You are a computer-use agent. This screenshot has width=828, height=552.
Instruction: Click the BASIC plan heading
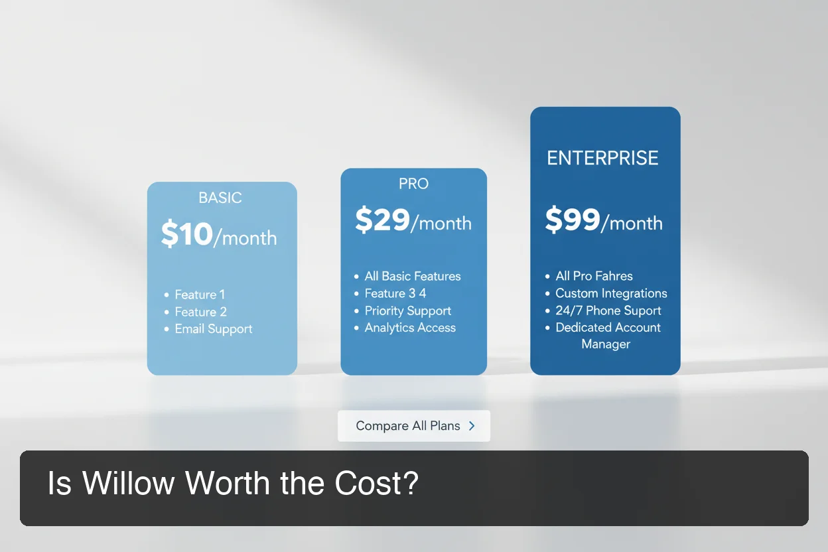(x=220, y=198)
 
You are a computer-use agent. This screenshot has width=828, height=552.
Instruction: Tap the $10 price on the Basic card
(x=187, y=235)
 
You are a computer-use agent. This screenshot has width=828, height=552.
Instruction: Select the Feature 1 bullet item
(x=200, y=295)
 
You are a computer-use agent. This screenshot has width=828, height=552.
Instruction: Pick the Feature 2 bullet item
(x=200, y=312)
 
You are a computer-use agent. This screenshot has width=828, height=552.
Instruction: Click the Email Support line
(x=214, y=329)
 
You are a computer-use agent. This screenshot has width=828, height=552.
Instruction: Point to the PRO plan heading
(x=413, y=184)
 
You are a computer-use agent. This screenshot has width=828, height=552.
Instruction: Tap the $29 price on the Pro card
(x=382, y=220)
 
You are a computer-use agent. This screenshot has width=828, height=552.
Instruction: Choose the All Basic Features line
(x=412, y=276)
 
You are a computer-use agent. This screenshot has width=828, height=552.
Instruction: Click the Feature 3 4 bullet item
(x=395, y=293)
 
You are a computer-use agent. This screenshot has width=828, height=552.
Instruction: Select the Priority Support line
(x=407, y=310)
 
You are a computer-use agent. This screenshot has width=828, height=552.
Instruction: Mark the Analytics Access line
(x=410, y=328)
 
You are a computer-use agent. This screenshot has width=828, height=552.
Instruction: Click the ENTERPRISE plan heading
(x=602, y=158)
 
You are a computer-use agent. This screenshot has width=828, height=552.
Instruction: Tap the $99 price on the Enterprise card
(x=572, y=220)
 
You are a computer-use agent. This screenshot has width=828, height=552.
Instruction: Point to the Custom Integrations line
(x=611, y=293)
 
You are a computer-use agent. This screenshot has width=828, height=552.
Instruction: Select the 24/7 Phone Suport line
(x=608, y=310)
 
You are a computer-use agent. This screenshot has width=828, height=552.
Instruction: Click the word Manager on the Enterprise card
(x=606, y=344)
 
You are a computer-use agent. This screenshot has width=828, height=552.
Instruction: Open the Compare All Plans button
(x=407, y=426)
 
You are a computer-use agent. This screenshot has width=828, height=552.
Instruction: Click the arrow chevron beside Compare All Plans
(x=472, y=426)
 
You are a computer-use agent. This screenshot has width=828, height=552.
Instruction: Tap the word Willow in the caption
(x=129, y=483)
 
